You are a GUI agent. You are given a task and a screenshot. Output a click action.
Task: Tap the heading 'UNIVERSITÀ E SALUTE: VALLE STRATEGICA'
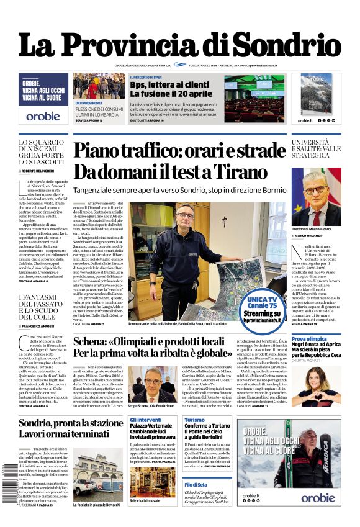(x=316, y=149)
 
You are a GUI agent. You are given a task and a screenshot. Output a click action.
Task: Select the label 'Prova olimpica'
(x=308, y=339)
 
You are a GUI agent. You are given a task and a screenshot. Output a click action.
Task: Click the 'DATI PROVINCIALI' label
(x=89, y=102)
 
